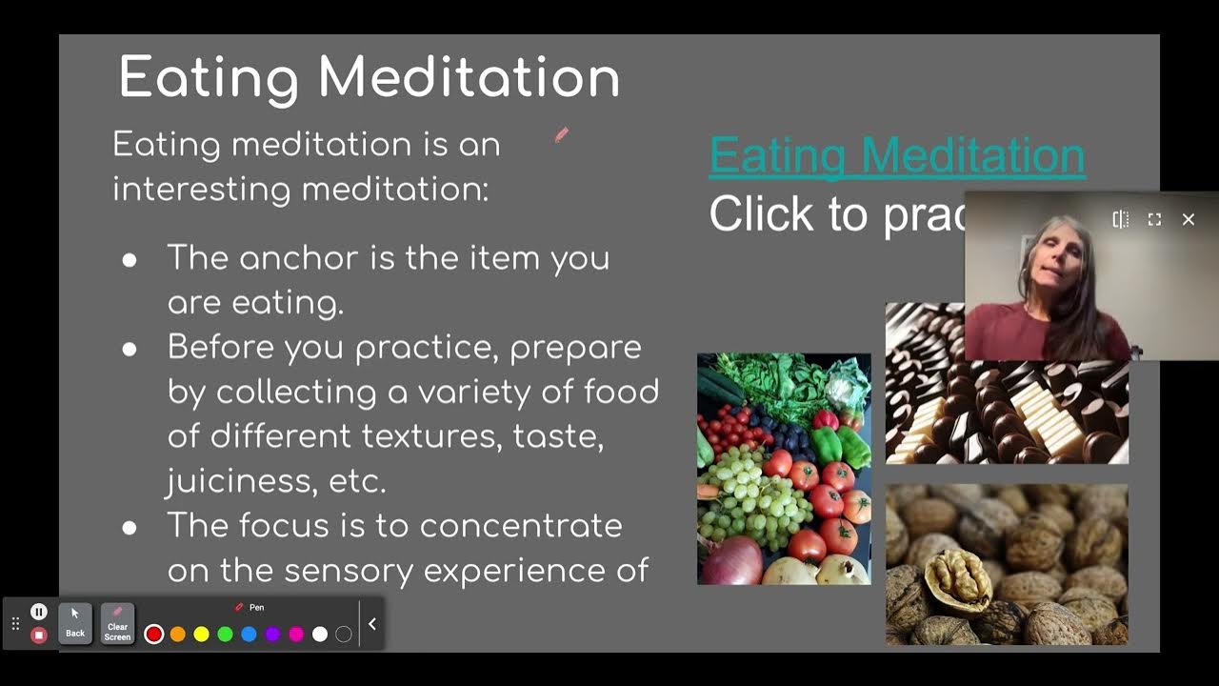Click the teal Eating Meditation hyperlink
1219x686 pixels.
(897, 156)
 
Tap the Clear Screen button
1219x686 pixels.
(117, 624)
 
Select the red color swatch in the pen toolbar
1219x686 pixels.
(154, 635)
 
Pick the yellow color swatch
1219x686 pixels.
(202, 635)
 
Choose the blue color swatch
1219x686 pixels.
(250, 635)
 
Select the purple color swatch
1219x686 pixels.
(273, 635)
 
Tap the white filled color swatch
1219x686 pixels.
(320, 635)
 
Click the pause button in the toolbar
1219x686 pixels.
(39, 612)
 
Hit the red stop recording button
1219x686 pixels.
(39, 635)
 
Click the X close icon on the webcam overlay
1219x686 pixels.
(1189, 220)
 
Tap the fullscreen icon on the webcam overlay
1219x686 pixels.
(1154, 220)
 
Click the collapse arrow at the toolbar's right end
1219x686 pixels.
(372, 624)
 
